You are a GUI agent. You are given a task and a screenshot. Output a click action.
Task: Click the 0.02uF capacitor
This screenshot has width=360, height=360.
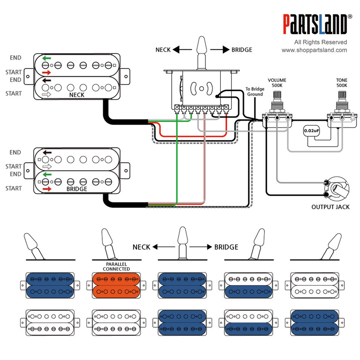[311, 131]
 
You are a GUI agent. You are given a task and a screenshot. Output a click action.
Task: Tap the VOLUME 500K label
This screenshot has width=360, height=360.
[277, 83]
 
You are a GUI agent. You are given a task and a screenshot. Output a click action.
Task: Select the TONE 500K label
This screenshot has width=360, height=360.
[342, 83]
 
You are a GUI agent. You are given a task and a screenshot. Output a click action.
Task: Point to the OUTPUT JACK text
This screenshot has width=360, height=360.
[330, 207]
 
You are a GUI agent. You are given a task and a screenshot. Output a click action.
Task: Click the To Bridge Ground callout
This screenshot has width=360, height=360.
[255, 91]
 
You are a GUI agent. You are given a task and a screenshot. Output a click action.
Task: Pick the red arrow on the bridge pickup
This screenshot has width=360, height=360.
[47, 189]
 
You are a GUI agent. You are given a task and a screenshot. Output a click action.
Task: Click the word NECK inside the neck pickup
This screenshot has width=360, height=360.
[77, 95]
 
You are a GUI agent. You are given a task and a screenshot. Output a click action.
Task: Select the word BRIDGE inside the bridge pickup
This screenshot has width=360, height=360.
[77, 189]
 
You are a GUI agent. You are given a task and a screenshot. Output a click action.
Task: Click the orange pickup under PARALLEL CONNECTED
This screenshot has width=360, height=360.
[116, 285]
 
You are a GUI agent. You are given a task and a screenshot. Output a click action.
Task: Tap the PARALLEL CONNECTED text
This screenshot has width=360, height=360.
[116, 266]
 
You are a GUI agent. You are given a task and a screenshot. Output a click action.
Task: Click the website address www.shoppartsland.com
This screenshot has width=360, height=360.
[314, 50]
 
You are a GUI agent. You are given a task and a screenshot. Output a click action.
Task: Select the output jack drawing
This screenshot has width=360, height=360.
[336, 189]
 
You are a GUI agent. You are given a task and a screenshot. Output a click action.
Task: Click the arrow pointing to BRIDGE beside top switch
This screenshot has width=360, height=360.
[220, 49]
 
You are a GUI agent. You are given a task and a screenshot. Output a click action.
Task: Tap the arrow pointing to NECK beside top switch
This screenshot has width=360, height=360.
[182, 49]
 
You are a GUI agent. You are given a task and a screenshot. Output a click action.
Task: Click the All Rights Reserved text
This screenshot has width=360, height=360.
[321, 42]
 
